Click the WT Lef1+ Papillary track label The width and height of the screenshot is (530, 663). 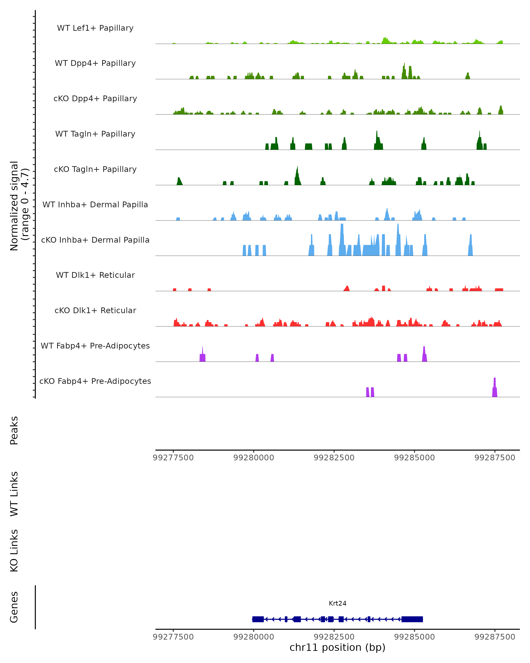point(95,28)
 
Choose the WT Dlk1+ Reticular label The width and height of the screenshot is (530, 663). point(95,275)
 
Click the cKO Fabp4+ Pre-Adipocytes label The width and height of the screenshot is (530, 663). point(95,381)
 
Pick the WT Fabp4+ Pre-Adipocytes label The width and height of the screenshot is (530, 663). point(95,346)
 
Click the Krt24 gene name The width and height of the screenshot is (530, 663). point(337,603)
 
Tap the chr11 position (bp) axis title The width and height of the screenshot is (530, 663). point(337,647)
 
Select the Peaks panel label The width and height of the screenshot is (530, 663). point(14,430)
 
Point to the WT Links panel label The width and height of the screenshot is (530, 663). point(14,493)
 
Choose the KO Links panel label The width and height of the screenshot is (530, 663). point(14,551)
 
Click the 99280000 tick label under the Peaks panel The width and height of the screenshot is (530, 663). point(254,458)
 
